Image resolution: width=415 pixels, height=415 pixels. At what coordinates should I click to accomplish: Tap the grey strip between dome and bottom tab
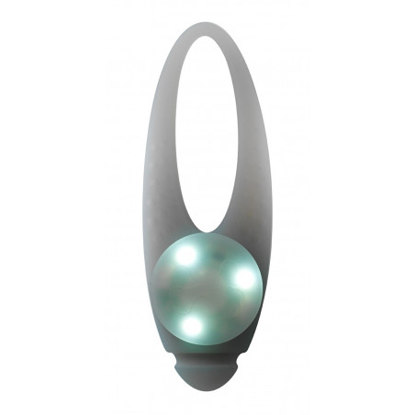208,354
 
